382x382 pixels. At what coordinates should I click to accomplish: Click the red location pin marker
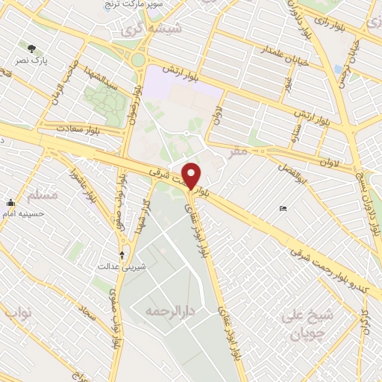(192, 175)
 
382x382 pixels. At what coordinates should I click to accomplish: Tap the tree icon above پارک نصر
(31, 48)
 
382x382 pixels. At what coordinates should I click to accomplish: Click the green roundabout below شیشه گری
(137, 59)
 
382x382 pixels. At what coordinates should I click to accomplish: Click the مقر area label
(237, 151)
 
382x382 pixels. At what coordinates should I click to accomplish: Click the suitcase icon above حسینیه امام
(10, 201)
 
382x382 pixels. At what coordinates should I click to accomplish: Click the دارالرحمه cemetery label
(165, 310)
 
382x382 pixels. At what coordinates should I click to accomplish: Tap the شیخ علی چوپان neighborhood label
(307, 323)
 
